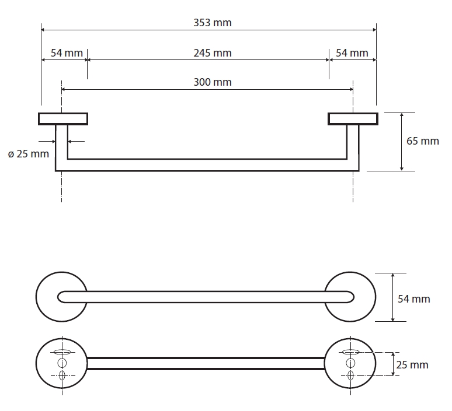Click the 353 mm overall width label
213,23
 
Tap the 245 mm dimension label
213,53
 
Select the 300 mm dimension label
213,82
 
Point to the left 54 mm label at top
67,53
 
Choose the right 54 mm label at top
352,53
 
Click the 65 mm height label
422,141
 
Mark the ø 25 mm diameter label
29,154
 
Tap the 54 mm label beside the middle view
413,298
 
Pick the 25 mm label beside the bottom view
412,365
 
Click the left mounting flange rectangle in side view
63,119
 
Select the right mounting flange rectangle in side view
353,119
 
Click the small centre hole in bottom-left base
62,363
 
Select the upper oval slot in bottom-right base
351,352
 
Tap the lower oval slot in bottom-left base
62,375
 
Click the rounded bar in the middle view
206,297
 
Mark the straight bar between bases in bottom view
206,363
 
